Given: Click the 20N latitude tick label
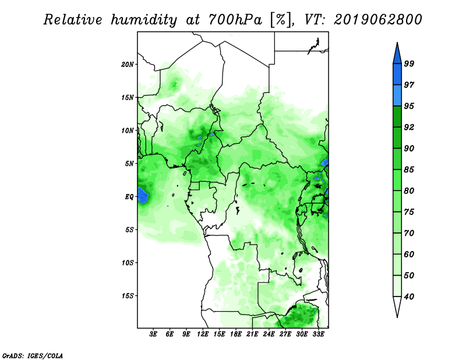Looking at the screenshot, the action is [x=128, y=65].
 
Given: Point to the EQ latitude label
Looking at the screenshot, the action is [x=129, y=197].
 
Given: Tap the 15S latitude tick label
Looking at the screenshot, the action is [x=128, y=296].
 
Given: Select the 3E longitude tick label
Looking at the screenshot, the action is [x=153, y=334].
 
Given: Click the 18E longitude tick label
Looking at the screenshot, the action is [x=236, y=334].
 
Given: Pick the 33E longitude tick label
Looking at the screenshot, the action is [x=318, y=334].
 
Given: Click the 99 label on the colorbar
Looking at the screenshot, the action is [x=409, y=63].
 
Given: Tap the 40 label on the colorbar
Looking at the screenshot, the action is [x=409, y=297].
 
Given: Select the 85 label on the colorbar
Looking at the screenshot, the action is [x=409, y=170].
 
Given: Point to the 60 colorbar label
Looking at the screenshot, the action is [x=409, y=254].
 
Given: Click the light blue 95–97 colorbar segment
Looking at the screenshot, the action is [x=397, y=96].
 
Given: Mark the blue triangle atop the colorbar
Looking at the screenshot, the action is [x=397, y=54].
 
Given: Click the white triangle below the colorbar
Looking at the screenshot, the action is [x=397, y=306].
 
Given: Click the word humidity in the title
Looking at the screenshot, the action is [x=144, y=20].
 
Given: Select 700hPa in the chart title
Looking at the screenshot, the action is [x=235, y=20].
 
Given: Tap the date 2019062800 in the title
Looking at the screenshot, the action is [x=377, y=20].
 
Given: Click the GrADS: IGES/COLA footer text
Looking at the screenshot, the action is [x=33, y=355].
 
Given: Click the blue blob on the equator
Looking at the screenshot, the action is [x=143, y=195].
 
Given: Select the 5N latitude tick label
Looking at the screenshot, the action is [x=129, y=164].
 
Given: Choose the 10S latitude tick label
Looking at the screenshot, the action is [x=128, y=263].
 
